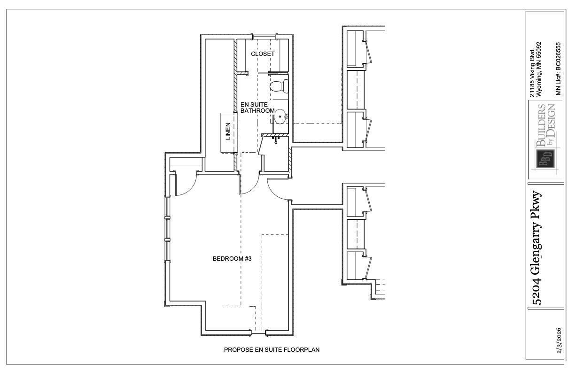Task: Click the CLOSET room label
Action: [x=263, y=54]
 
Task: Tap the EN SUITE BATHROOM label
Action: [x=257, y=108]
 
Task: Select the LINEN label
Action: [x=228, y=131]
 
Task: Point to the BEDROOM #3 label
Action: [x=232, y=258]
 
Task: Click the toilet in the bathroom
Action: [x=279, y=86]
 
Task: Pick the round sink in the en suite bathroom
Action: [x=280, y=116]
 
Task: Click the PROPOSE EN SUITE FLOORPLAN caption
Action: [x=272, y=349]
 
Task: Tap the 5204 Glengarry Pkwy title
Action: [x=537, y=248]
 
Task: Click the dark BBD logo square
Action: [x=545, y=159]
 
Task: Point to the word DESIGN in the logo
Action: [x=552, y=120]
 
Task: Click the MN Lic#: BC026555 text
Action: [x=558, y=69]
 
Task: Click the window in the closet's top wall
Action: [x=264, y=37]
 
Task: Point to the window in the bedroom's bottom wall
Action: [x=258, y=333]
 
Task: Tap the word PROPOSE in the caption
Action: [x=238, y=349]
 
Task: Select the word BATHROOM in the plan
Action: [x=257, y=111]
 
